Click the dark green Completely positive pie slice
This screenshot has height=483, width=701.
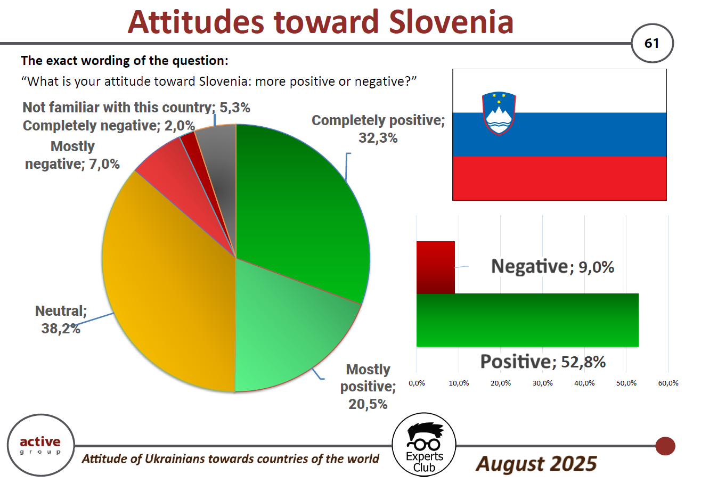[300, 207]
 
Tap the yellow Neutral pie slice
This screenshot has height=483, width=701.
[169, 282]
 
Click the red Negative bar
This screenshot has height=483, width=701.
[436, 267]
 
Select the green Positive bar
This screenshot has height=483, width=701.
[527, 320]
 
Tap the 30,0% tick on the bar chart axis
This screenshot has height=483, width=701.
[542, 383]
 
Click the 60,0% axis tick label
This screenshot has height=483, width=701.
[668, 383]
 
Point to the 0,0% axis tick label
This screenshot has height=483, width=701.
[417, 383]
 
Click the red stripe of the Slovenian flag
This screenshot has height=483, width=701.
[559, 178]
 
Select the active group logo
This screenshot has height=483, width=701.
[40, 445]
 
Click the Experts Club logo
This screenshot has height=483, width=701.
[423, 445]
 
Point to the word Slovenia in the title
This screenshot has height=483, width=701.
[451, 22]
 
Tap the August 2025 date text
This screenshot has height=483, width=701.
[536, 464]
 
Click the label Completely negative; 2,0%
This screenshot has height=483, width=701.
[109, 126]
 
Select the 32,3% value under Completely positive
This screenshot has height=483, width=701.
[378, 138]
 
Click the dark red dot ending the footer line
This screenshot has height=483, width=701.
[665, 446]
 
